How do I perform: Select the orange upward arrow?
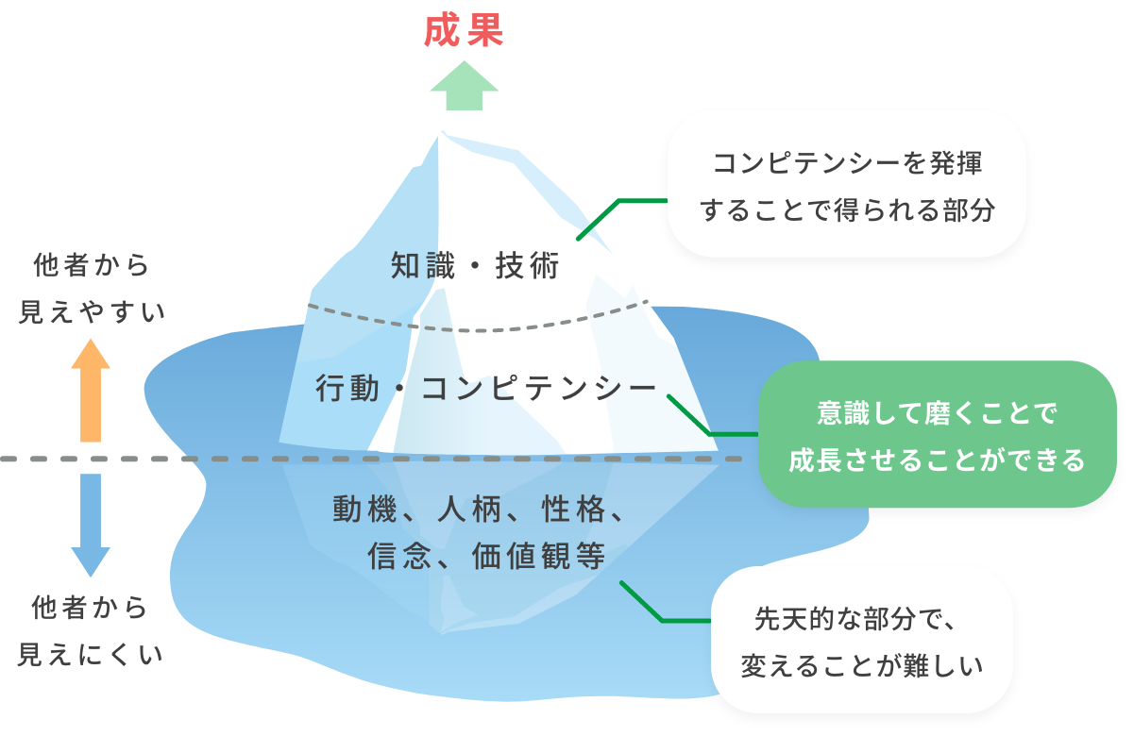[x=91, y=391]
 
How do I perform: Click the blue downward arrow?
[x=91, y=523]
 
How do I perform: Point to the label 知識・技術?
[x=476, y=267]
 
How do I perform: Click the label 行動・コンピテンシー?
[x=485, y=389]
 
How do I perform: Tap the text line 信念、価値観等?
[x=485, y=557]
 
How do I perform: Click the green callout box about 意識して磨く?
[x=937, y=434]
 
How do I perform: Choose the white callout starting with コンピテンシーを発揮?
[x=846, y=184]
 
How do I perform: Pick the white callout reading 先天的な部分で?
[x=860, y=641]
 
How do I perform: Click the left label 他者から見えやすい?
[x=91, y=288]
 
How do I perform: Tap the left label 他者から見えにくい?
[x=91, y=630]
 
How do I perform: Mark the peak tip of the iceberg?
[x=443, y=134]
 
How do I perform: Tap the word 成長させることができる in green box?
[x=937, y=460]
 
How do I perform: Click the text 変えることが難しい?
[x=860, y=666]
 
